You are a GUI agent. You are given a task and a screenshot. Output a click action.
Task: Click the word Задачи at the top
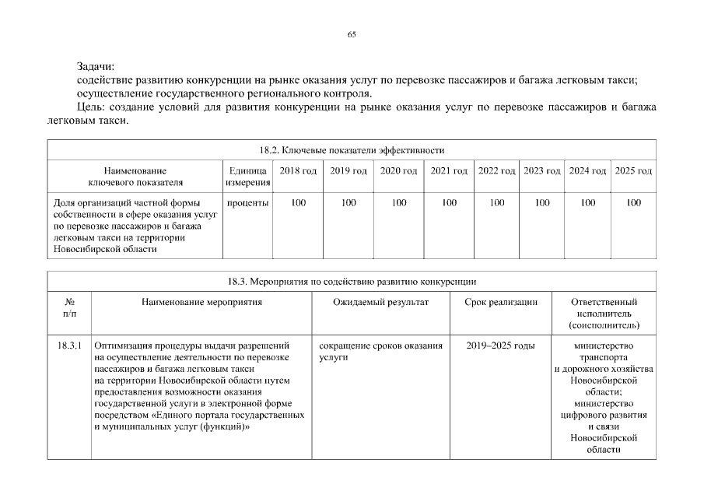pos(95,67)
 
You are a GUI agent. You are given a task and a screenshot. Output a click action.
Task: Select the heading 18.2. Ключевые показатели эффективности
pos(352,150)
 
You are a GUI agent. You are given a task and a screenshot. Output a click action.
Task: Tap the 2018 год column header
pos(298,170)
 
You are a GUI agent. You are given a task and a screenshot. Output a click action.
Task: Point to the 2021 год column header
pos(449,170)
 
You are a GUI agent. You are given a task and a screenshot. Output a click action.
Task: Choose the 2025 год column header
pos(633,170)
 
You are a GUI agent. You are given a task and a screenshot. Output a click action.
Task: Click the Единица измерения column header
pos(247,177)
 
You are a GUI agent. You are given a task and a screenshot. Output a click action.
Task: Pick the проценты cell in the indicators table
pos(247,203)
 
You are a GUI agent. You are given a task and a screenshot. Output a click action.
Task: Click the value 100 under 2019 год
pos(348,203)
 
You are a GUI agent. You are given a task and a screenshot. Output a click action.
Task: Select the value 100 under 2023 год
pos(542,203)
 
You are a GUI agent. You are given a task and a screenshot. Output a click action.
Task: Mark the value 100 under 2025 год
pos(633,203)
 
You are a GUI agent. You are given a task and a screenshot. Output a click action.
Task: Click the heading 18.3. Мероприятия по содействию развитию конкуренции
pos(352,282)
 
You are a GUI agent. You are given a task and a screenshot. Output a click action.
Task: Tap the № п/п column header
pos(69,307)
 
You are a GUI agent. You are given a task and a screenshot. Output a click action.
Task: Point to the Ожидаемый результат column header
pos(381,301)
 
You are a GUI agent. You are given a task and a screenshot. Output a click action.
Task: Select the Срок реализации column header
pos(501,301)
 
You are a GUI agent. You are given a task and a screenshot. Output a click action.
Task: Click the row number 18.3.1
pos(69,345)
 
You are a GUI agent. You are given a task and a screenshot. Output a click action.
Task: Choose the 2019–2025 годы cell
pos(501,345)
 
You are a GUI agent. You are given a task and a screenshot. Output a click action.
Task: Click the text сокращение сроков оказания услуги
pos(380,351)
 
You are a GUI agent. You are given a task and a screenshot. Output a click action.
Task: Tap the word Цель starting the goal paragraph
pos(91,106)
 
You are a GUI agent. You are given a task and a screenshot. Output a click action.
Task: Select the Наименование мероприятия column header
pos(201,301)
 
